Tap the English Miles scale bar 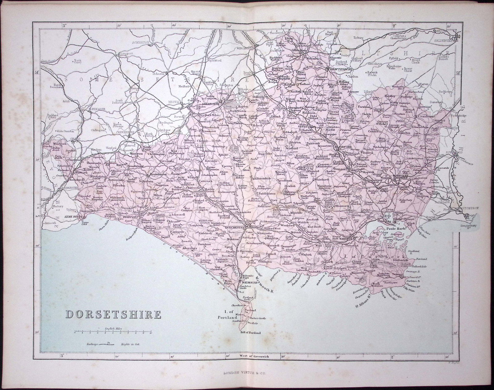point(113,332)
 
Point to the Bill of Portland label point(250,333)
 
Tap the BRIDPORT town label point(128,217)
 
